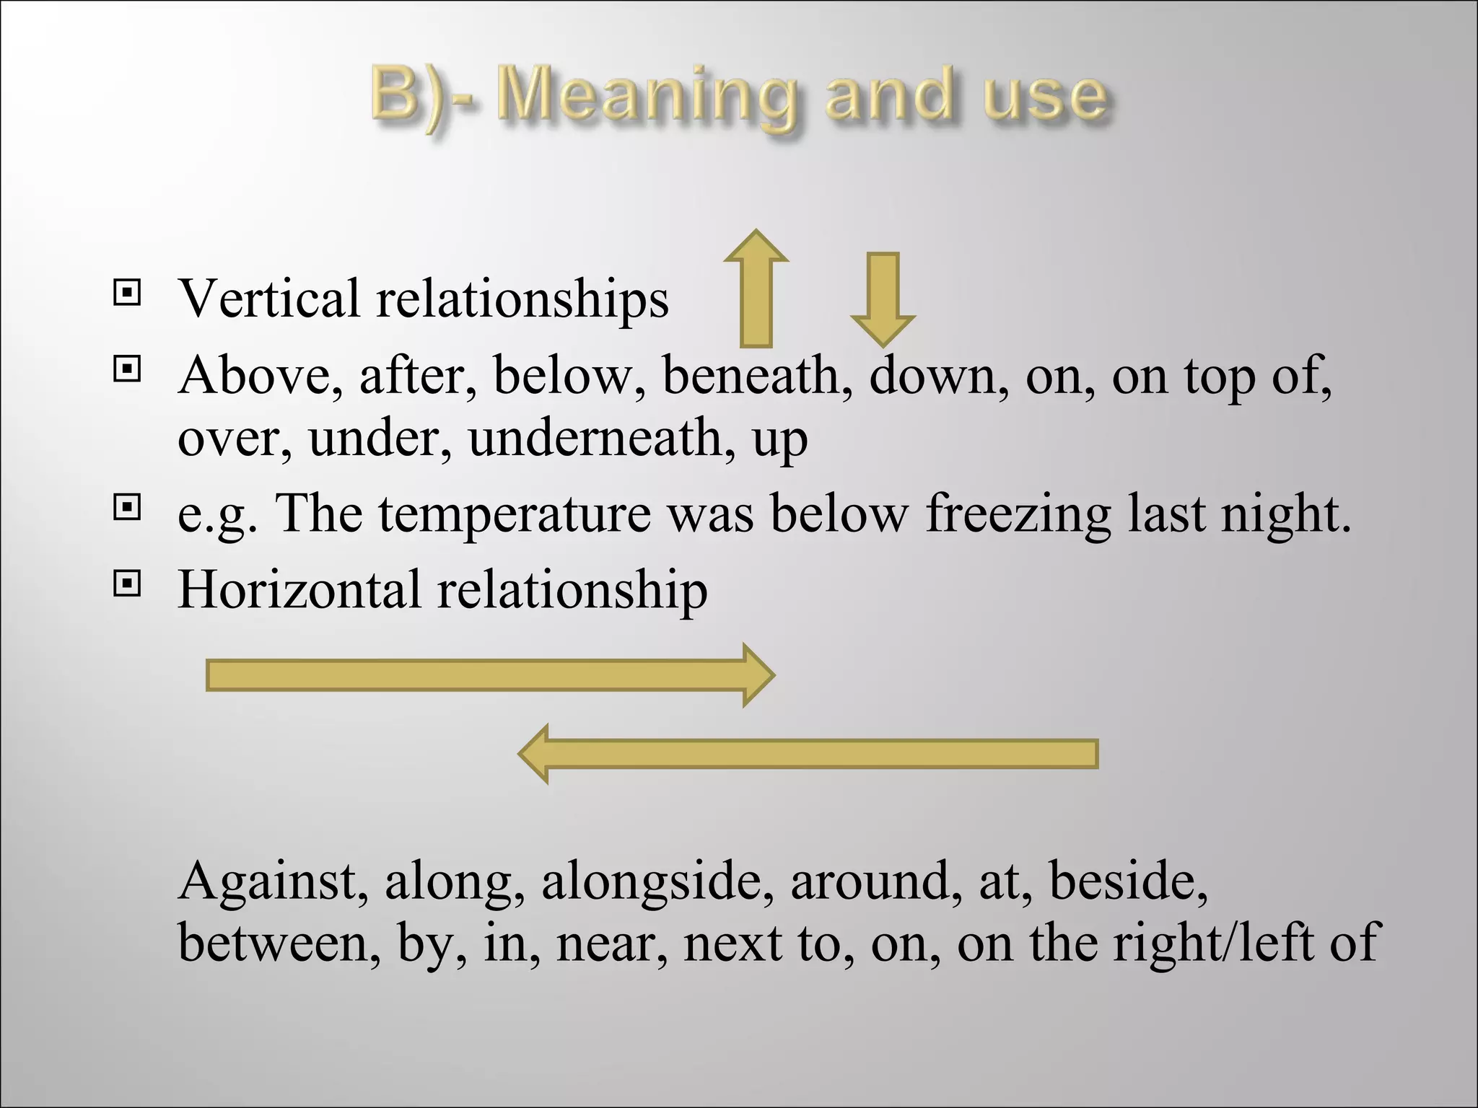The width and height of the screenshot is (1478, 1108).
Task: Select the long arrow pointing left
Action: click(x=808, y=754)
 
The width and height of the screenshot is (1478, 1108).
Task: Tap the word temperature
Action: click(x=515, y=514)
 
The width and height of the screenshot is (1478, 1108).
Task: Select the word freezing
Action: click(x=1018, y=514)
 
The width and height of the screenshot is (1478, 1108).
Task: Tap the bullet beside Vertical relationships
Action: click(x=127, y=292)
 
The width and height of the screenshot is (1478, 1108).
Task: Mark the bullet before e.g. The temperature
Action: click(x=127, y=508)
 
